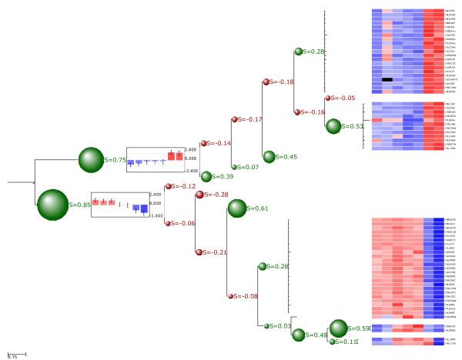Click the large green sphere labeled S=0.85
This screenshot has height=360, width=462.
click(53, 205)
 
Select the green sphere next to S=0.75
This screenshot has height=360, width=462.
click(91, 160)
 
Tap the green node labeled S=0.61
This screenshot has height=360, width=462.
click(237, 208)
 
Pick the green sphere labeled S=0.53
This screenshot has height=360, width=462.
click(333, 126)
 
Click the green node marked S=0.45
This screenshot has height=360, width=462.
click(269, 157)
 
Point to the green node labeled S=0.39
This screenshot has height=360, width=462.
click(206, 176)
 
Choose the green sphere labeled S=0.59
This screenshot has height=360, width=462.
click(338, 328)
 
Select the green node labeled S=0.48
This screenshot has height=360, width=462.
click(299, 335)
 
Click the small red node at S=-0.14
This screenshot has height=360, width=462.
click(203, 143)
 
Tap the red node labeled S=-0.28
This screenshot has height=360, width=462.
click(199, 195)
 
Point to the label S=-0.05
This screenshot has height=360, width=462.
click(343, 98)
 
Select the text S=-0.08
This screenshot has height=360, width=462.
click(246, 296)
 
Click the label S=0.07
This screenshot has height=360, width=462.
click(249, 167)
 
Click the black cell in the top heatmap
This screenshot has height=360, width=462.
click(387, 79)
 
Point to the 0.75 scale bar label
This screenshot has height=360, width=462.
click(12, 357)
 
